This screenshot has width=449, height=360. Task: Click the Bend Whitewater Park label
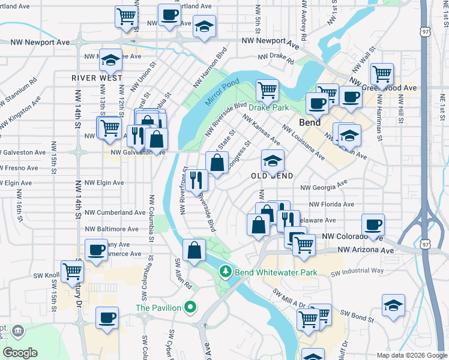[275, 272]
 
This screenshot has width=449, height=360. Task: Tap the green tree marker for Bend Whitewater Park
[226, 272]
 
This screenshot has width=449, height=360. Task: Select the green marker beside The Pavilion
[191, 308]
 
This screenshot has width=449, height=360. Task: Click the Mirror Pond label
[221, 92]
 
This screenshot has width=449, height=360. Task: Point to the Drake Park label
[269, 108]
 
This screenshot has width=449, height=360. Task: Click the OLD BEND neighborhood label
[273, 176]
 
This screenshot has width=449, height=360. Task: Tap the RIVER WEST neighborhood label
[97, 78]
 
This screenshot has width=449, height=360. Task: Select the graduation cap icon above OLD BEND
[273, 161]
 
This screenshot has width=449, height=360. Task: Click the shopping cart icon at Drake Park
[267, 91]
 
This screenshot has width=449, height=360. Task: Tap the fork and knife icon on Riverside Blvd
[196, 179]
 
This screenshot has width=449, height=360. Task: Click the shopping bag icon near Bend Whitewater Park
[194, 251]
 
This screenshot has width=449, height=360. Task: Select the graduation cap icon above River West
[110, 60]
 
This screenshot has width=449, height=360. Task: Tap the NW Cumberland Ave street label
[115, 212]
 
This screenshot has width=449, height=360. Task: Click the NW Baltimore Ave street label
[112, 229]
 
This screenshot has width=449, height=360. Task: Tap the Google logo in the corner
[20, 353]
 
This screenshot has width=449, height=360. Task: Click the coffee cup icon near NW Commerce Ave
[96, 250]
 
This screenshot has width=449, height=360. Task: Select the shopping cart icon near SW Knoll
[73, 271]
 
